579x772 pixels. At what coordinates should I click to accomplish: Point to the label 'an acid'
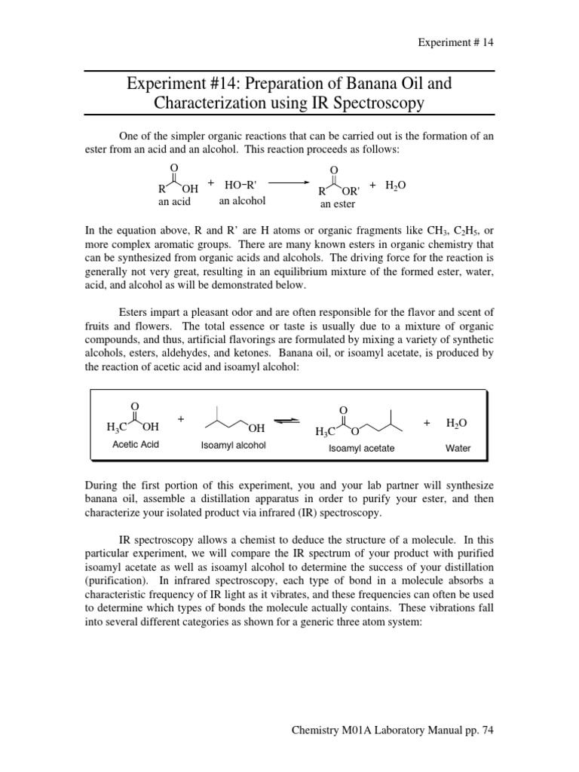click(x=174, y=202)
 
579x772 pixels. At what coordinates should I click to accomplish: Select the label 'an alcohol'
click(x=242, y=201)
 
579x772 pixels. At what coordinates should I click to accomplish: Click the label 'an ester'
click(x=337, y=204)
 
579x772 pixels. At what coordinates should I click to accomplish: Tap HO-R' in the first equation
click(x=241, y=184)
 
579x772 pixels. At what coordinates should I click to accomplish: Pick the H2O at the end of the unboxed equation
click(x=395, y=184)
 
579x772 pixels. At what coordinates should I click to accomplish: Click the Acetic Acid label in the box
click(x=136, y=445)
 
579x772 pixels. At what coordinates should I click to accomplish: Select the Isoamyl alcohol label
click(x=233, y=446)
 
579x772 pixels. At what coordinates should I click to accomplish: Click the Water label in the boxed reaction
click(x=458, y=448)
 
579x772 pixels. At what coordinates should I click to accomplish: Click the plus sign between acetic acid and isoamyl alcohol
click(x=181, y=418)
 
